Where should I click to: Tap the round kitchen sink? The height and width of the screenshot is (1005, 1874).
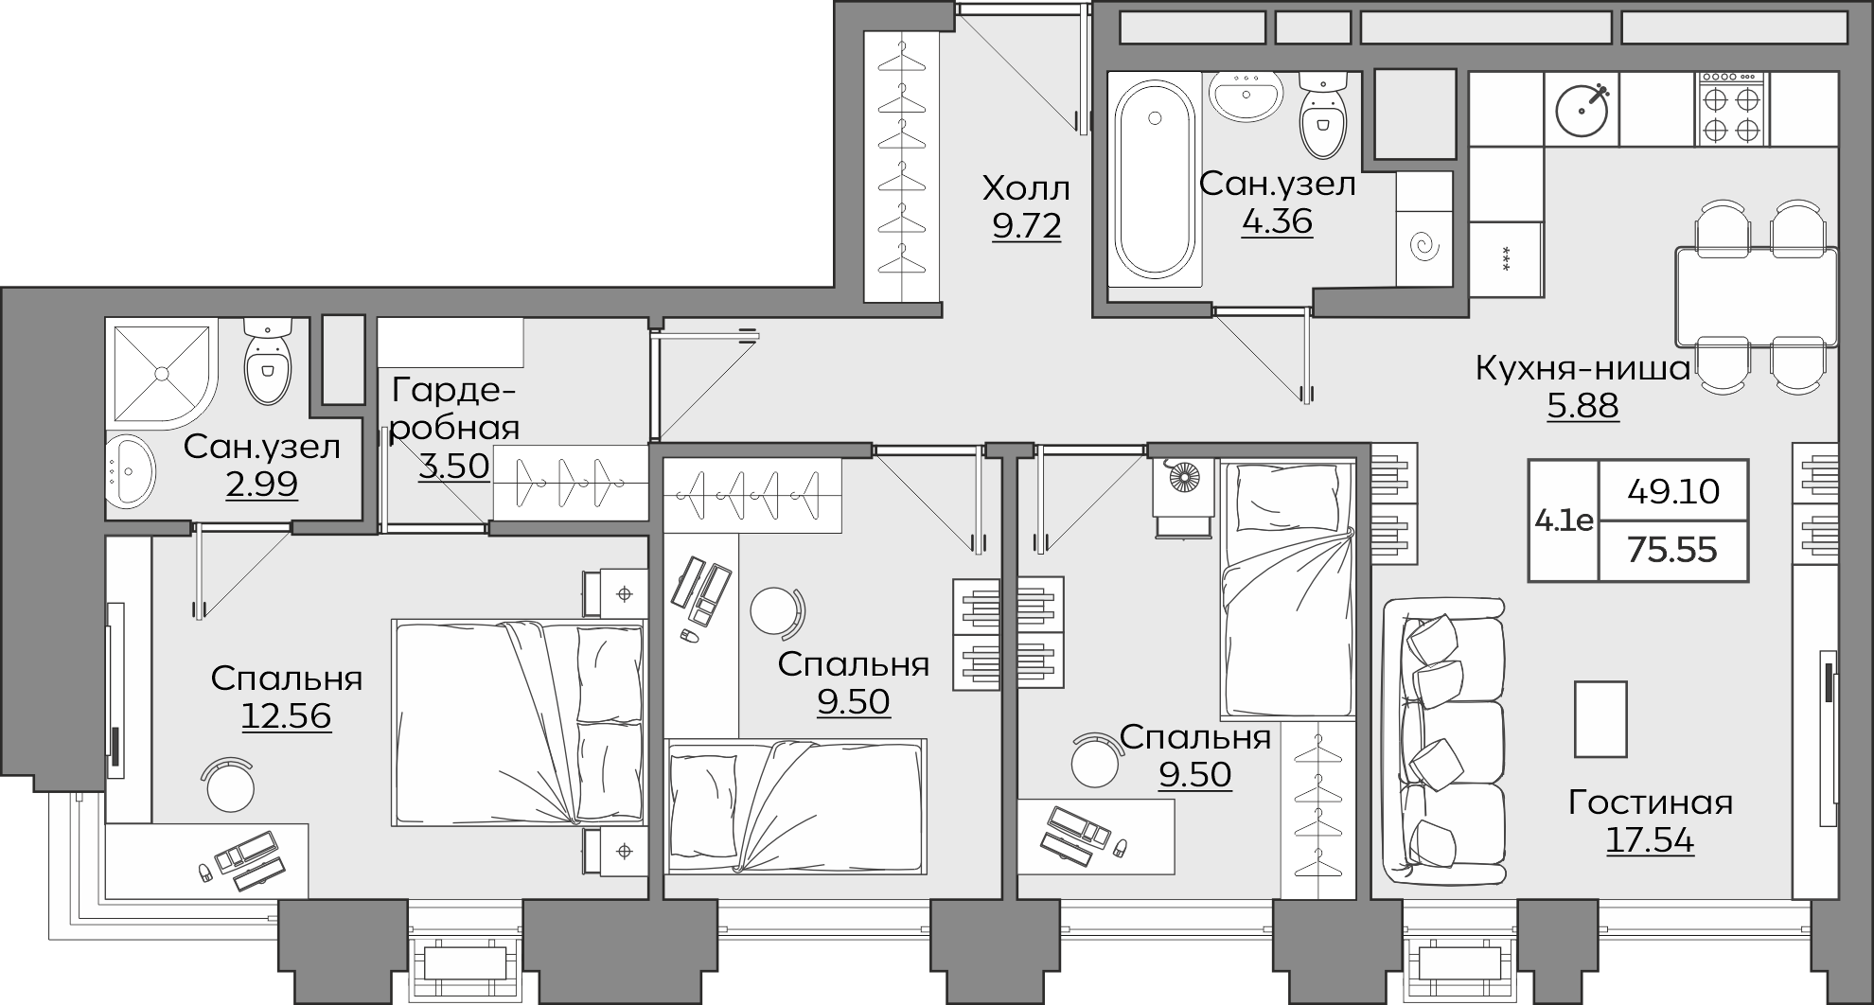[1582, 109]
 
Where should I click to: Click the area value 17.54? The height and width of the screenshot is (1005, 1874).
[1650, 840]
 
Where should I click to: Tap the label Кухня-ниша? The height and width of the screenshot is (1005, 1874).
[1582, 368]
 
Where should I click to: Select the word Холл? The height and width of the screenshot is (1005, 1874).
[1026, 188]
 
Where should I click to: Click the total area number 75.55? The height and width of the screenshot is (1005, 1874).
[1672, 550]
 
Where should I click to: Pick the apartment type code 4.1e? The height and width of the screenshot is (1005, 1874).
[1564, 520]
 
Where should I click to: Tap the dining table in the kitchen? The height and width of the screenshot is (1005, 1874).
[1757, 297]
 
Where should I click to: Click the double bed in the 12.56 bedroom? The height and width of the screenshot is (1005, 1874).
[520, 722]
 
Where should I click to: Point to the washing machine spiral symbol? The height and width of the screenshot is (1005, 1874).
[1423, 247]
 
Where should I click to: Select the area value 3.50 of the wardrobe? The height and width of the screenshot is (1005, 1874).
[453, 466]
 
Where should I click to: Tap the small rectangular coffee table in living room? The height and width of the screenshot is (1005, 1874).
[1600, 719]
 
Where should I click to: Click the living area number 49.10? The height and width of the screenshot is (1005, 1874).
[1673, 491]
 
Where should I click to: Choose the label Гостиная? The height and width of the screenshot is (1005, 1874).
[1651, 802]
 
